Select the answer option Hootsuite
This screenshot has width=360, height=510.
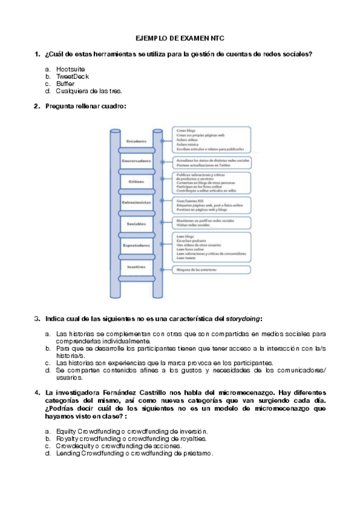click(71, 69)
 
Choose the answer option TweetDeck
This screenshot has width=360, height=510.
click(72, 76)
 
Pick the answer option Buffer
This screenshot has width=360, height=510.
click(66, 84)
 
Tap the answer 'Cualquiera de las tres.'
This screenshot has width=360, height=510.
click(89, 91)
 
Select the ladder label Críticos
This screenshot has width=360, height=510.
click(136, 181)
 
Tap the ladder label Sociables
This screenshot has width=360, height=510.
click(136, 224)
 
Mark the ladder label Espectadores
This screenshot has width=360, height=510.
click(136, 245)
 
